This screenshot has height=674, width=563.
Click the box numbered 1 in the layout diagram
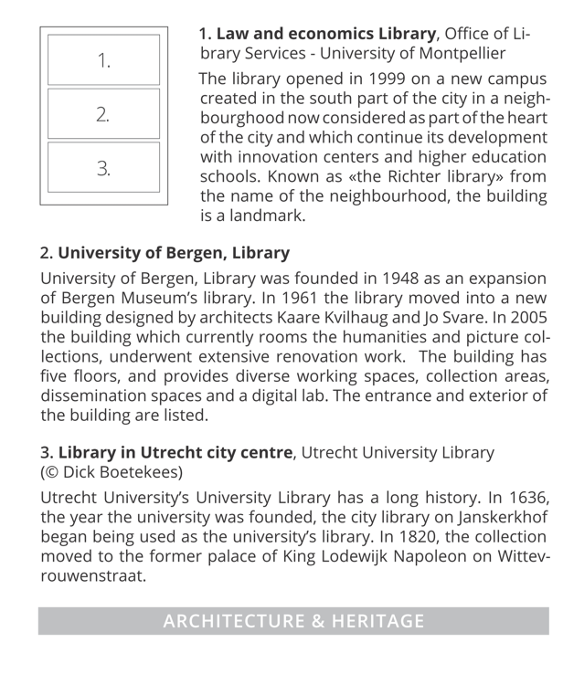click(x=103, y=62)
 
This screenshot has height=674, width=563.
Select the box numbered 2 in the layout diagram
click(x=103, y=115)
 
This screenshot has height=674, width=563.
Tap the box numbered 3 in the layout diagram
click(x=103, y=167)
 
